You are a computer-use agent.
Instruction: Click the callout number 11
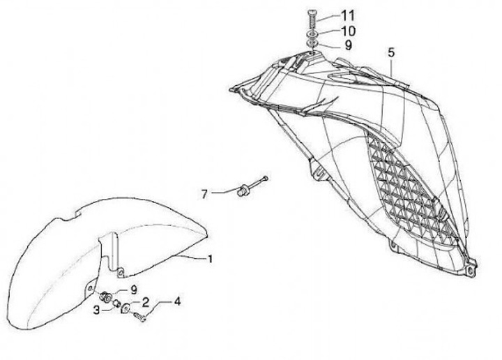pos(348,14)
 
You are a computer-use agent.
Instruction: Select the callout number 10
pos(348,31)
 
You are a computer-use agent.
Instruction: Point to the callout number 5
pos(391,52)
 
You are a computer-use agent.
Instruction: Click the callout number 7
pos(204,194)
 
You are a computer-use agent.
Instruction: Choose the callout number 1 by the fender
pos(208,258)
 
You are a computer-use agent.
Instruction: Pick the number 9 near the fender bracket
pos(134,290)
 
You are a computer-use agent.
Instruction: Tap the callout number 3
pos(97,310)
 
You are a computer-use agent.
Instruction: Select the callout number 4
pos(177,301)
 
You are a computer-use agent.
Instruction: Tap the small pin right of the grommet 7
pos(264,181)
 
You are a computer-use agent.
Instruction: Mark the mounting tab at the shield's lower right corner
pos(472,266)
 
